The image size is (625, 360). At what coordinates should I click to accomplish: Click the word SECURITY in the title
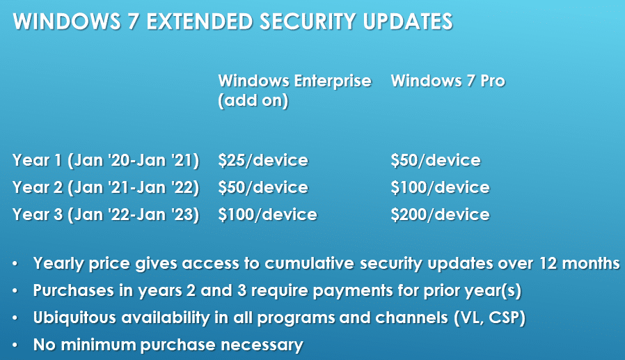[308, 22]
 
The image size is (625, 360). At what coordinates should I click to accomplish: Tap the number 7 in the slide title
[133, 22]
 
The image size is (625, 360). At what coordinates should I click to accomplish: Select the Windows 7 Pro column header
[448, 81]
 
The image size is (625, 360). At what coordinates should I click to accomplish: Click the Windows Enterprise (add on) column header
[294, 91]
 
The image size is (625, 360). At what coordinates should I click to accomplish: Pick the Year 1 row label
[106, 160]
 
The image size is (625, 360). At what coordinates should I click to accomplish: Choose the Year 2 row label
[106, 187]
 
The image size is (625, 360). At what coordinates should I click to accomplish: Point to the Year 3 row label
[106, 214]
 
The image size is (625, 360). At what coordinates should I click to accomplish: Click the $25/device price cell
[263, 160]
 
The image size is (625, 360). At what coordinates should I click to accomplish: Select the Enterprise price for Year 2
[263, 187]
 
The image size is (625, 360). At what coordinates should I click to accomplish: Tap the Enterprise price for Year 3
[267, 214]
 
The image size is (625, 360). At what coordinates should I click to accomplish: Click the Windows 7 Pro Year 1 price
[436, 160]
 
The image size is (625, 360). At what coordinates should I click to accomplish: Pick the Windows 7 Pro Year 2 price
[440, 187]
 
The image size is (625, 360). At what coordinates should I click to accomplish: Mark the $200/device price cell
[440, 214]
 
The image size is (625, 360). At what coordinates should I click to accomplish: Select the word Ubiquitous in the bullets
[74, 318]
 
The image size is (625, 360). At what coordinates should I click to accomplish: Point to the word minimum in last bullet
[98, 345]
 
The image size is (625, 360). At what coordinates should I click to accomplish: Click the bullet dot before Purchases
[15, 291]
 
